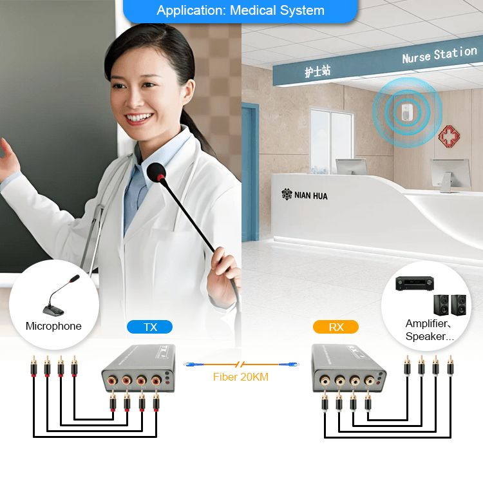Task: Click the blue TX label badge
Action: [x=149, y=327]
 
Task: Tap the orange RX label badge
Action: [x=336, y=327]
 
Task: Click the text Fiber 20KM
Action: [x=241, y=377]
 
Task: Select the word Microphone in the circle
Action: [x=53, y=326]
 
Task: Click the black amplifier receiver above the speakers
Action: [x=415, y=283]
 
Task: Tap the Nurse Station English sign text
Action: [x=440, y=55]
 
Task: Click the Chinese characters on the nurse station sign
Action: [x=317, y=71]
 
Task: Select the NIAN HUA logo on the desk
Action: [x=305, y=195]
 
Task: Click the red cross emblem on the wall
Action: [x=449, y=136]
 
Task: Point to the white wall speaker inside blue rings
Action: [x=407, y=112]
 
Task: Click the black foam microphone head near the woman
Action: [x=156, y=172]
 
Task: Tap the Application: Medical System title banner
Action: [x=240, y=11]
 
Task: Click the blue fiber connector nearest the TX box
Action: [x=194, y=365]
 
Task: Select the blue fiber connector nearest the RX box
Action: [x=289, y=365]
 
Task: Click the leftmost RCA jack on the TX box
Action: [x=113, y=381]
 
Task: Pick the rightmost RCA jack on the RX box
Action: [x=370, y=381]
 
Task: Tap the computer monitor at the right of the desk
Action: [x=450, y=175]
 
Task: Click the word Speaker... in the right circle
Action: [x=430, y=336]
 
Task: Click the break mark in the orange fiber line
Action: [x=240, y=365]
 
